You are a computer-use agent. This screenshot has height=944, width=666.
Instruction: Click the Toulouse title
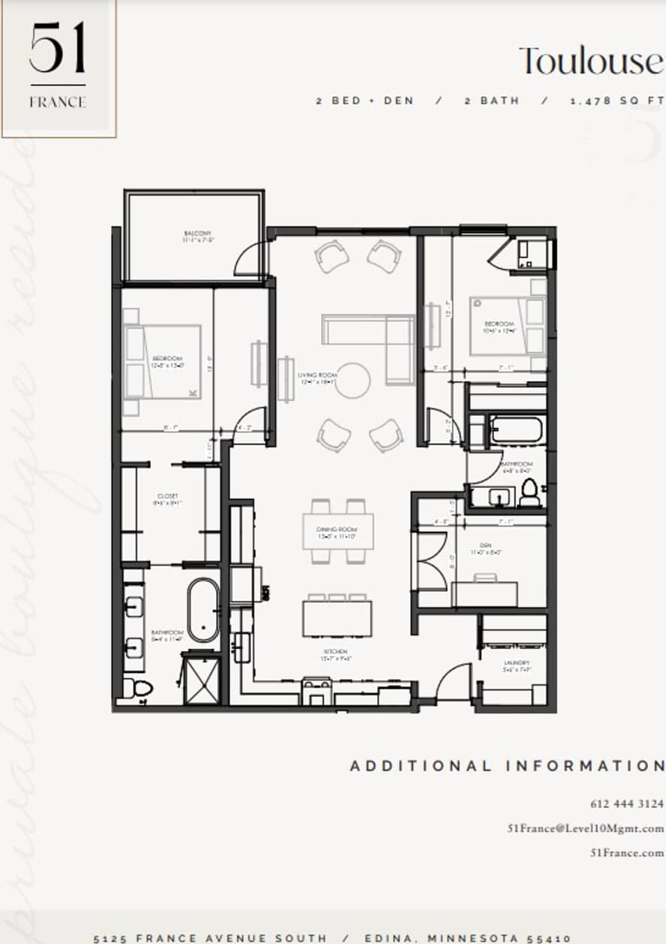coord(592,61)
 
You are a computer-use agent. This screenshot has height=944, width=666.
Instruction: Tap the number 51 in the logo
coord(57,49)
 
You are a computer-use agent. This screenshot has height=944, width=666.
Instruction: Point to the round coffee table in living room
coord(352,381)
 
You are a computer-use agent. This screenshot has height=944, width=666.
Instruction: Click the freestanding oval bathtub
coord(203,610)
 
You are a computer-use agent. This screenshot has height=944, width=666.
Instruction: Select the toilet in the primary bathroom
coord(137,687)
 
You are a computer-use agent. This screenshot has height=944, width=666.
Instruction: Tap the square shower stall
coord(202,680)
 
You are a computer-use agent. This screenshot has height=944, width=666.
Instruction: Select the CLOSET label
coord(167,496)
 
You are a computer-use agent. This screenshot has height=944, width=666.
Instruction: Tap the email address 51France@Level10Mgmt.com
coord(586,828)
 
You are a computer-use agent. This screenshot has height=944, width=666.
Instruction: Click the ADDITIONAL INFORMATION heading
coord(507,766)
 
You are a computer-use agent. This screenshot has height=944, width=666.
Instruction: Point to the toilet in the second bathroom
coord(529,491)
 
